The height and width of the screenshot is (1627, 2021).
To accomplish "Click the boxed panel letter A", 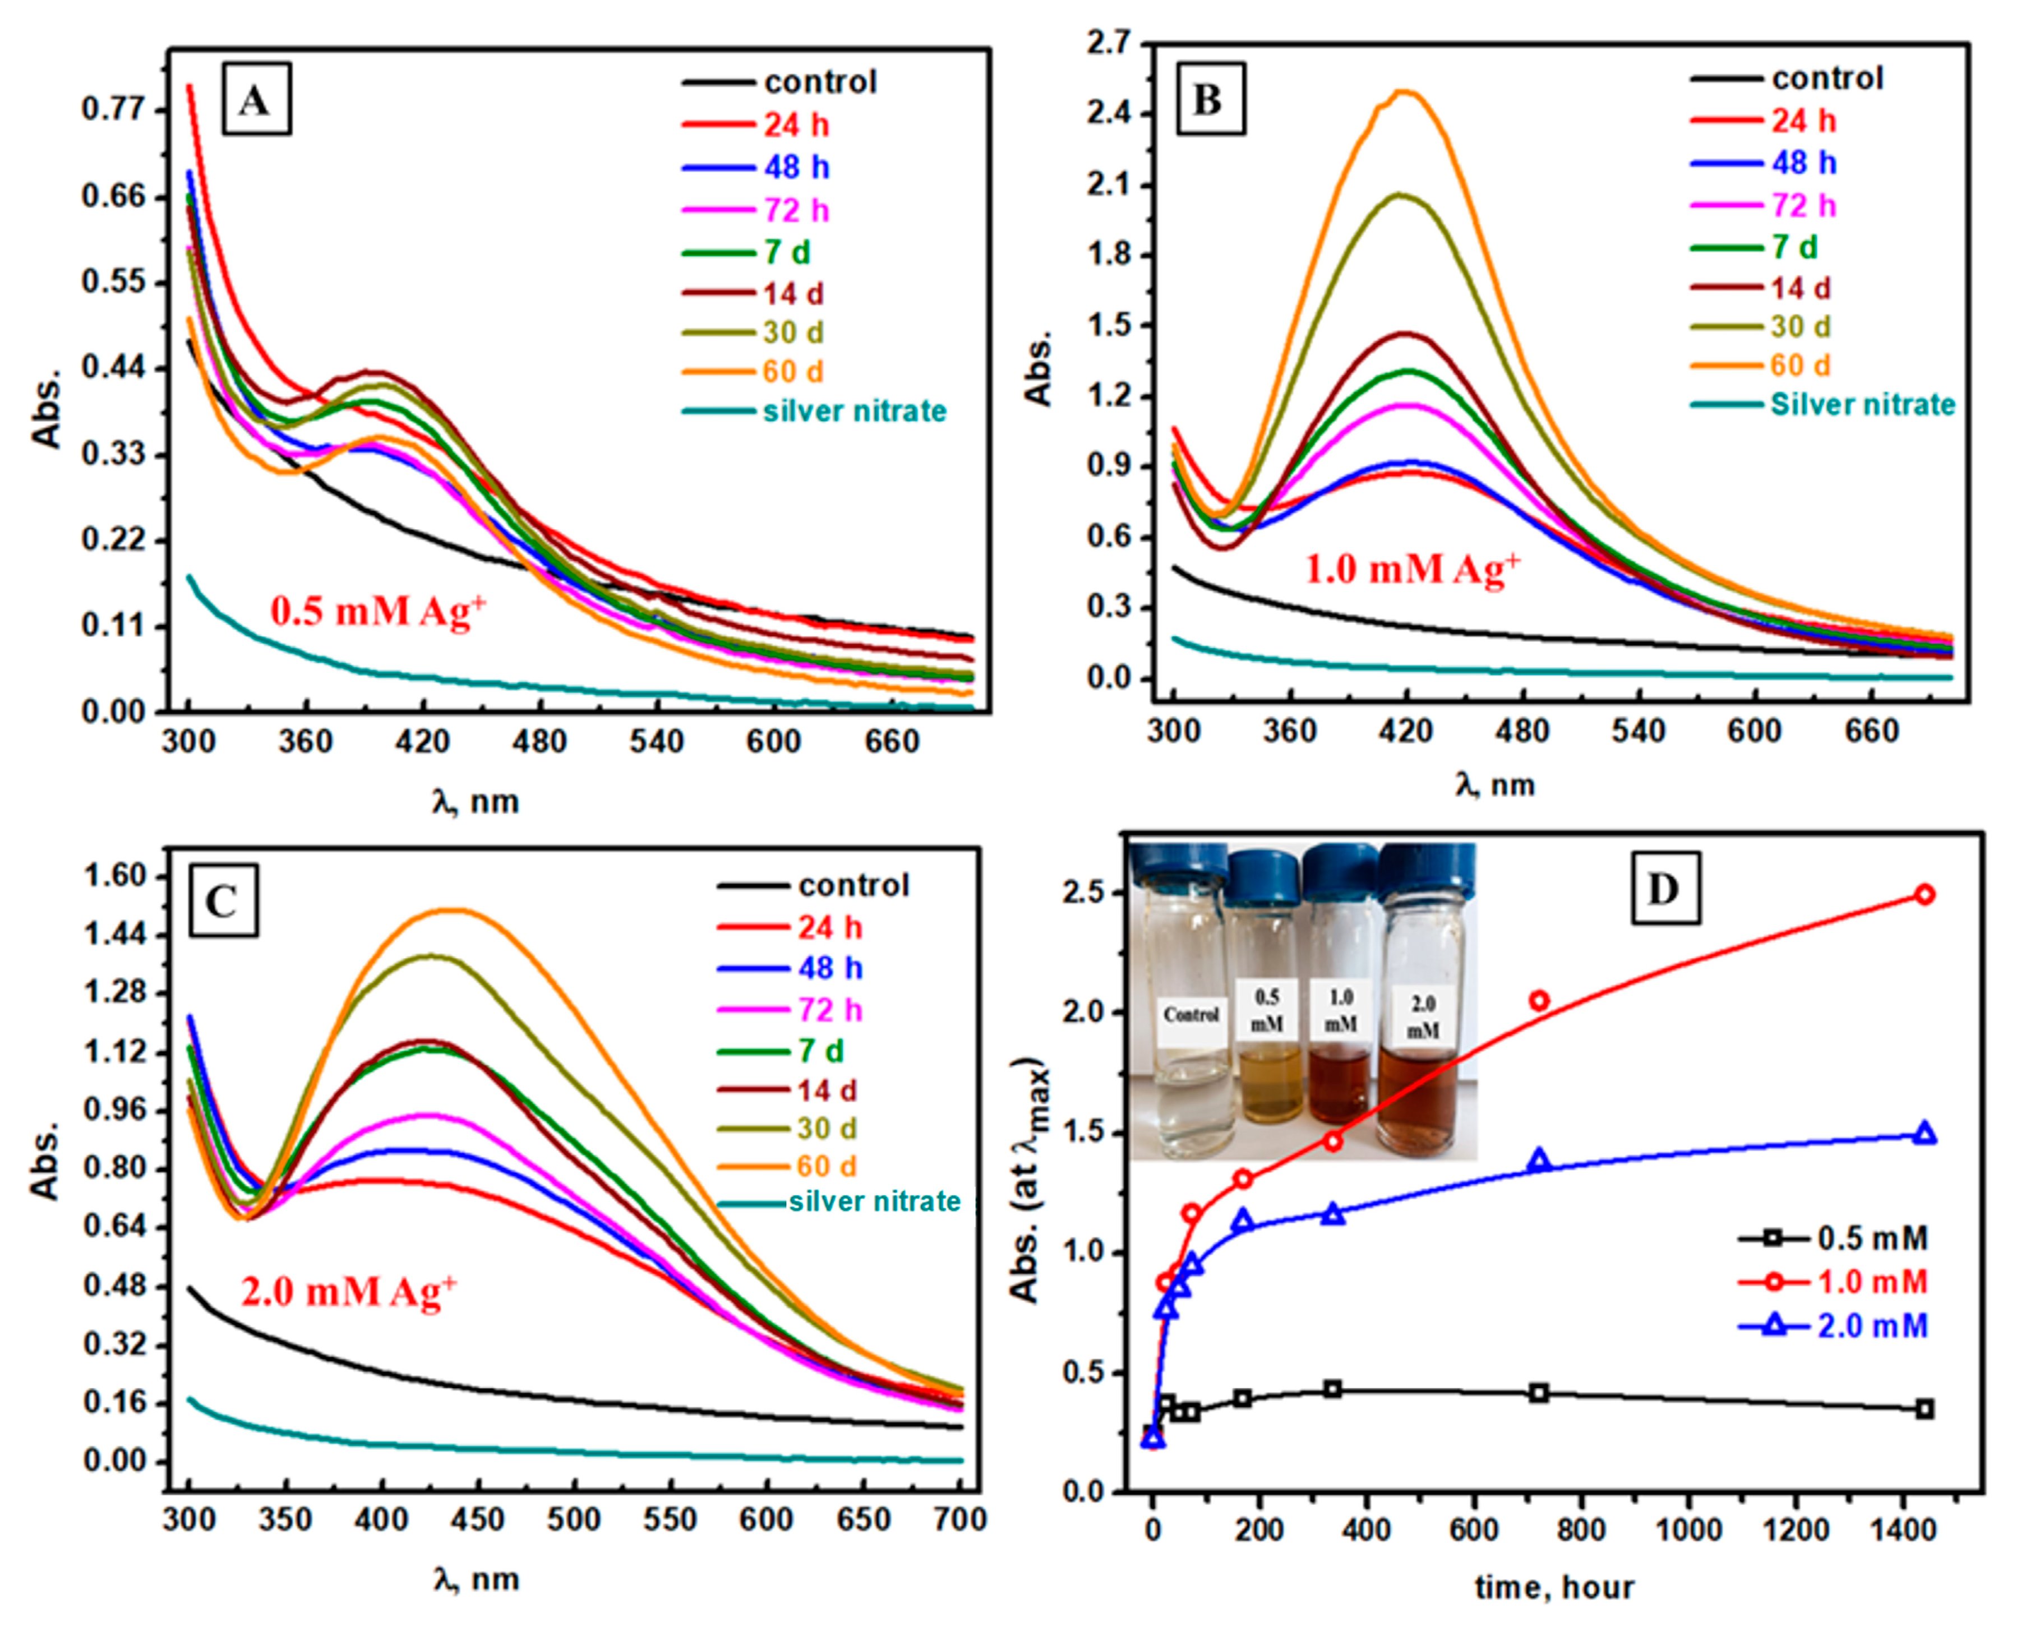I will point(255,99).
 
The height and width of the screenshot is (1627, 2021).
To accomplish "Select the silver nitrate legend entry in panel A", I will point(854,410).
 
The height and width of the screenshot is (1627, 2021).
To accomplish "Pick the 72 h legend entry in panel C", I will point(829,1009).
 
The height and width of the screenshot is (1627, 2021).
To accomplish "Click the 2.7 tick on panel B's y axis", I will point(1109,44).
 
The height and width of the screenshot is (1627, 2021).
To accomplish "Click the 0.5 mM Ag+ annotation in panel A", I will point(379,611).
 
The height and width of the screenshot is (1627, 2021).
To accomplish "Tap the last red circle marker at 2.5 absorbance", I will point(1925,894).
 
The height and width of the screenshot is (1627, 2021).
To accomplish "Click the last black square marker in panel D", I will point(1925,1409).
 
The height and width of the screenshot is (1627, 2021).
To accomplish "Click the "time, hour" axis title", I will point(1554,1588).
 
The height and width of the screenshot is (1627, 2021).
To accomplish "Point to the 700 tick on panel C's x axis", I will point(960,1519).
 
